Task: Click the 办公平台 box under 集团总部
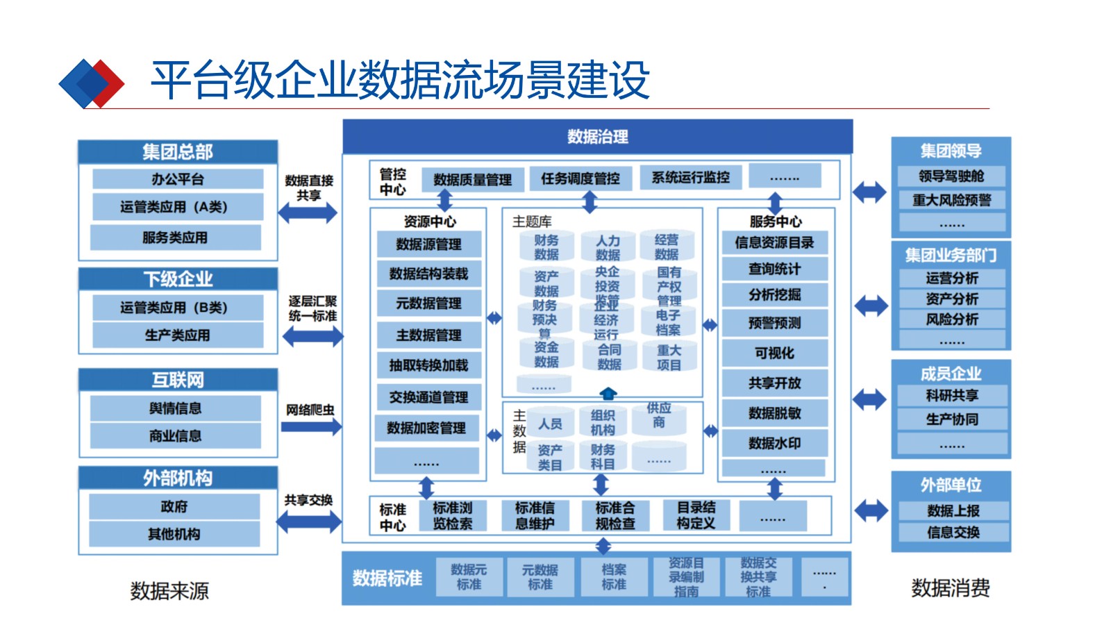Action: tap(178, 179)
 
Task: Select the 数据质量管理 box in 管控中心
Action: tap(472, 180)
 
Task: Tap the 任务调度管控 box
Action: tap(580, 178)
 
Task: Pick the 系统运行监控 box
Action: tap(690, 178)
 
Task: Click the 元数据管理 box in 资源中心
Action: tap(428, 303)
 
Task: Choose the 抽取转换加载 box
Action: tap(428, 365)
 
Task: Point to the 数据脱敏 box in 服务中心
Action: tap(774, 413)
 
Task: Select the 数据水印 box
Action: tap(774, 443)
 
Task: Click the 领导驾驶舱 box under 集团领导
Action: tap(951, 176)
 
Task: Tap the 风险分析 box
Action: tap(951, 319)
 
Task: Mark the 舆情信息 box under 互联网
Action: tap(175, 408)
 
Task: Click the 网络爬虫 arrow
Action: tap(310, 426)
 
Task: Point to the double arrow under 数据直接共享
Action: tap(308, 212)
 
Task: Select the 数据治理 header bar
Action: tap(597, 137)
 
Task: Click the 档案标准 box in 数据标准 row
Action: tap(613, 577)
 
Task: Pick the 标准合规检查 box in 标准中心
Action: tap(615, 516)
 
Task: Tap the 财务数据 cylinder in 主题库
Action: tap(546, 247)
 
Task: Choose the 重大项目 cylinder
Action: tap(668, 358)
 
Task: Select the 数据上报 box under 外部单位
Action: tap(953, 511)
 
